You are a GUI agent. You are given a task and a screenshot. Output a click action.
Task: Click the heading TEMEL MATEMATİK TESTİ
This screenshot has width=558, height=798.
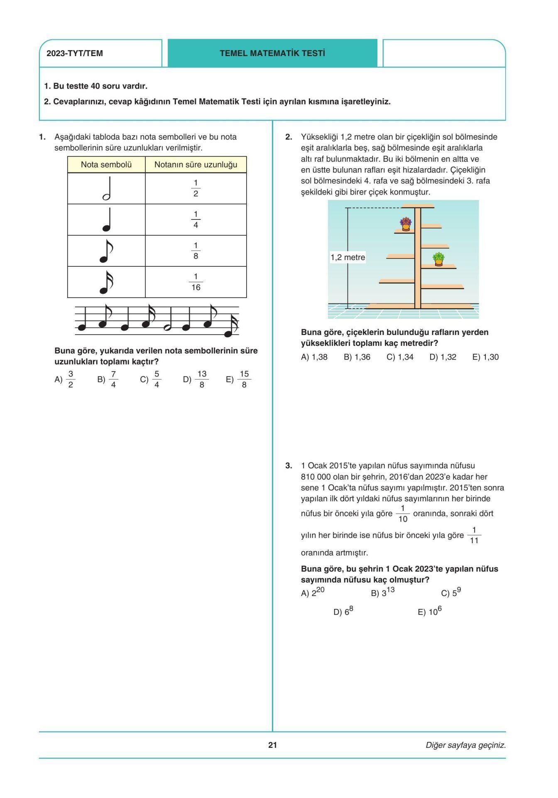(x=272, y=53)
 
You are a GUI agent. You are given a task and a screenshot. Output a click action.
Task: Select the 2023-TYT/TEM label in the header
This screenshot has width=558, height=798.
(x=75, y=54)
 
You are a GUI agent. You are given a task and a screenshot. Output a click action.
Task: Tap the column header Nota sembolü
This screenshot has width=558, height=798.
(x=106, y=165)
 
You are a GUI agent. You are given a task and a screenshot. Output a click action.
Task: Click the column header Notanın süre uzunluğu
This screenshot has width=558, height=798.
(x=196, y=165)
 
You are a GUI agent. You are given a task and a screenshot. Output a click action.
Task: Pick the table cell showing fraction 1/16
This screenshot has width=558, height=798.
(x=196, y=282)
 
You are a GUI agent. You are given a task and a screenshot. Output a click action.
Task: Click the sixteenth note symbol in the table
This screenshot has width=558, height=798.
(x=106, y=282)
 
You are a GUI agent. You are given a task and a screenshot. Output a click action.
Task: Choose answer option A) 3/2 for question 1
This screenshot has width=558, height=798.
(x=65, y=379)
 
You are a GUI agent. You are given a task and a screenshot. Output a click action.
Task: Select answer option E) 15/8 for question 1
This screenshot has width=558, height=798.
(x=239, y=379)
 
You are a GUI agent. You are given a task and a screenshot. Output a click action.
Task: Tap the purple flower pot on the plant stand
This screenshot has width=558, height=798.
(x=406, y=224)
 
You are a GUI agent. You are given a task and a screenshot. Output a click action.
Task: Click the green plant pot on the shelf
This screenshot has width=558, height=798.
(x=438, y=259)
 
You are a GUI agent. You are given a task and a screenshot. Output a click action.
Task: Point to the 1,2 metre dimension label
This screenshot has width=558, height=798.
(x=348, y=257)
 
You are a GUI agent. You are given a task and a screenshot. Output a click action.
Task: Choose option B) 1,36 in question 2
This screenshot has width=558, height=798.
(x=357, y=357)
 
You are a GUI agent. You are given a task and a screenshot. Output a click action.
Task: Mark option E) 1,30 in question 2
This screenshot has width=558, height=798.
(x=485, y=357)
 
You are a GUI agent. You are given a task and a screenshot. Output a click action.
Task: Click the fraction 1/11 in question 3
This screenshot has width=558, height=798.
(x=474, y=535)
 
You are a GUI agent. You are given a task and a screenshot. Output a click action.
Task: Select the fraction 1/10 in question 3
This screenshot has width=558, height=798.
(x=403, y=514)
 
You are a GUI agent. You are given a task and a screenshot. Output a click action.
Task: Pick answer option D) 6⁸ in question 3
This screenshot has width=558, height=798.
(x=343, y=612)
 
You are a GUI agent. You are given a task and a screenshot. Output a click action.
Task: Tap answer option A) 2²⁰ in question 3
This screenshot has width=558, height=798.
(x=313, y=593)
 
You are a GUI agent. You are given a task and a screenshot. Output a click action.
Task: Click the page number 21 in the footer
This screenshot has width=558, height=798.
(x=272, y=745)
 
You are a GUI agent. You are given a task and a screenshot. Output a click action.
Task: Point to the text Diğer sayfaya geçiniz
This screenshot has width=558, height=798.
(x=465, y=745)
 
